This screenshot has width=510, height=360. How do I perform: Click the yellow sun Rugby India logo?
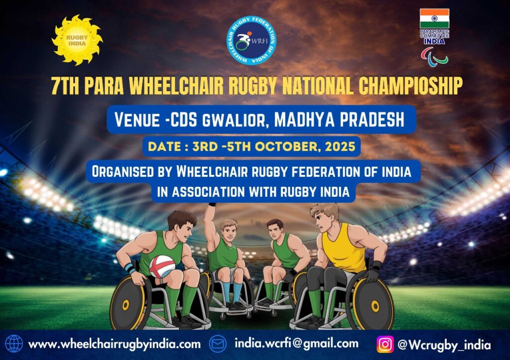[x=77, y=40]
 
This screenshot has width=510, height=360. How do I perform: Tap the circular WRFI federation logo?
[x=252, y=40]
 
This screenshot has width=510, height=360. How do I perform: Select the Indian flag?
[x=434, y=18]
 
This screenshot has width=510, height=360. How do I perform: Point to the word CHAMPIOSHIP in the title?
[x=410, y=86]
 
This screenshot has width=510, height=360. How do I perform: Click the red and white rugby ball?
[x=162, y=267]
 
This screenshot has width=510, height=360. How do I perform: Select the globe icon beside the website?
[x=14, y=344]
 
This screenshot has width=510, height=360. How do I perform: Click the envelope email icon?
[x=218, y=344]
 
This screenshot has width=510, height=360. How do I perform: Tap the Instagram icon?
[x=385, y=345]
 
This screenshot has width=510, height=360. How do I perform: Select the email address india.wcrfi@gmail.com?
[x=297, y=344]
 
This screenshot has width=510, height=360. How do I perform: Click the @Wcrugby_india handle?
[x=444, y=345]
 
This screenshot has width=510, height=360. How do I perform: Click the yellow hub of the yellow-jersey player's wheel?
[x=375, y=306]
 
